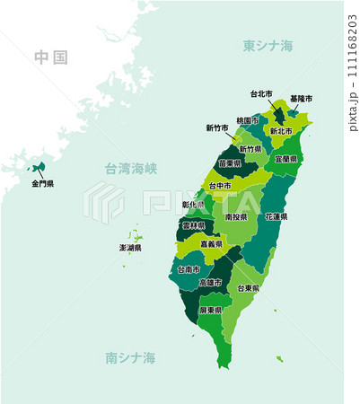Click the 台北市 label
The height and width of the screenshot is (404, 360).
tap(262, 93)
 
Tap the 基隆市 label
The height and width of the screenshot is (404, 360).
tap(301, 99)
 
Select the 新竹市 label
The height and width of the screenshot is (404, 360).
tap(217, 127)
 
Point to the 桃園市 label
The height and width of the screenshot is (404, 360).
tap(249, 120)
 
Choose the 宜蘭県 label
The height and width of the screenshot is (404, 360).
tap(287, 158)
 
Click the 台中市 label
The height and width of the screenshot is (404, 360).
tap(220, 186)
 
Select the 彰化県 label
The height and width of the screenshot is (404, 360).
tap(194, 205)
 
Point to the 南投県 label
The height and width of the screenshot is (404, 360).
tap(237, 216)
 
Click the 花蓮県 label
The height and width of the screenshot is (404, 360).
tap(277, 216)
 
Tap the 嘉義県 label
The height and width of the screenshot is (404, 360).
tap(213, 243)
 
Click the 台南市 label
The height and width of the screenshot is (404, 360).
tap(189, 268)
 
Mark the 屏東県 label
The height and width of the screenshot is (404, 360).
tap(211, 310)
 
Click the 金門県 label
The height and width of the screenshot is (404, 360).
tap(42, 183)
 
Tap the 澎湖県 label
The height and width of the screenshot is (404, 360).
tap(131, 247)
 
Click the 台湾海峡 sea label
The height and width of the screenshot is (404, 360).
tap(131, 168)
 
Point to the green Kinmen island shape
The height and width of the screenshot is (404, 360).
tap(39, 167)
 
